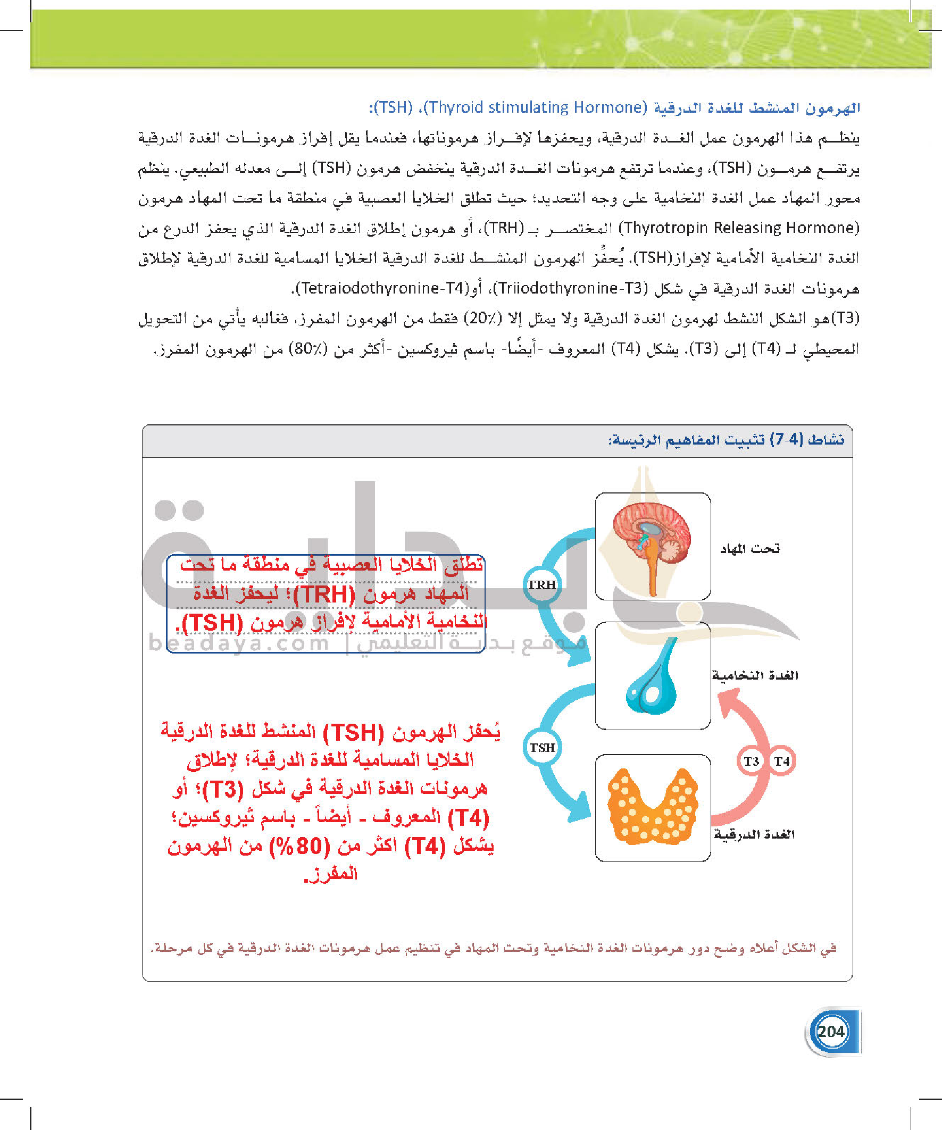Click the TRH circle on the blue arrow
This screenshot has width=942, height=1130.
(x=541, y=585)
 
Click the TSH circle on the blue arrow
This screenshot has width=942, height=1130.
(x=542, y=748)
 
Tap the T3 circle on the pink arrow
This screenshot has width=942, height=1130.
(x=752, y=761)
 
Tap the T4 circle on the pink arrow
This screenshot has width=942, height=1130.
(x=781, y=761)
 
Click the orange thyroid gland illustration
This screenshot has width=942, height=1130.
(x=653, y=807)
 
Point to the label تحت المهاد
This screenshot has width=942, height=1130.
(x=750, y=548)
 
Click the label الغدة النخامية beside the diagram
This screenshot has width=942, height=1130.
(x=755, y=675)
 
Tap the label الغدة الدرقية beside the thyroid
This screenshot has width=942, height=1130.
(x=754, y=834)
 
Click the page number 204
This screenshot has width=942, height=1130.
(x=831, y=1031)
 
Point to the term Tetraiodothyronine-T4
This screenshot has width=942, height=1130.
(x=383, y=288)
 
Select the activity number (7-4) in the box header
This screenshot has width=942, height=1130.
(x=786, y=440)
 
